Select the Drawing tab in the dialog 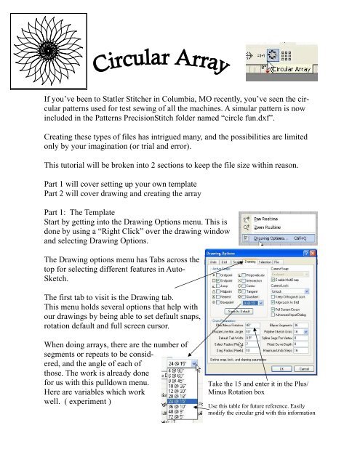pyautogui.click(x=249, y=262)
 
